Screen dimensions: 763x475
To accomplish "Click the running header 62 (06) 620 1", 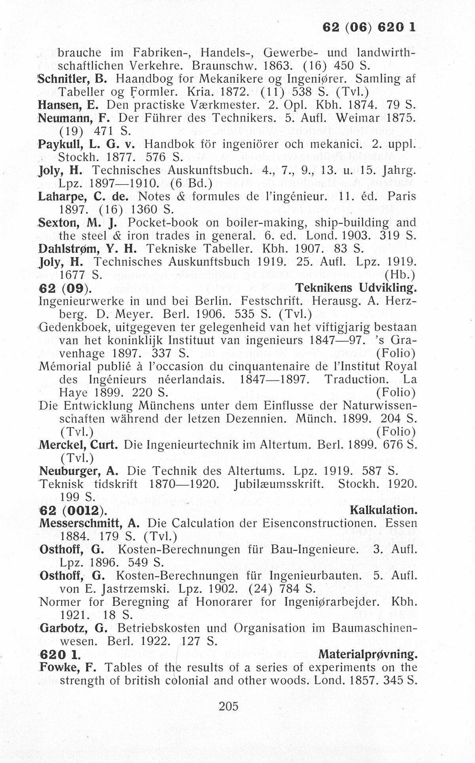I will click(369, 27).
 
